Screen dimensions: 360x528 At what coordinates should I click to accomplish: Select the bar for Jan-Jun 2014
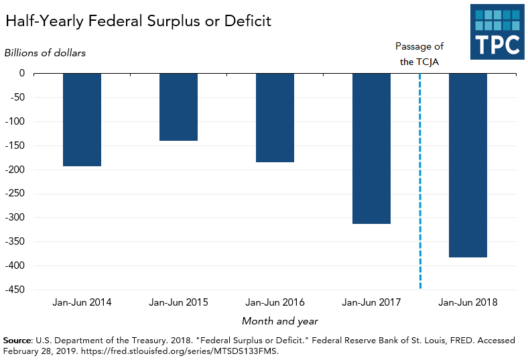82,119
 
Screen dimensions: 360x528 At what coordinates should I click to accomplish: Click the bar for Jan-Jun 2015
178,107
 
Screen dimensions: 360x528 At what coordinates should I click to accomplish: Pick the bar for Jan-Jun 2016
275,117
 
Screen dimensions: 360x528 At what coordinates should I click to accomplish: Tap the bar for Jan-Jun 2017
371,148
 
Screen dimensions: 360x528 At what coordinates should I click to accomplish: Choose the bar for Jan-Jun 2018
468,165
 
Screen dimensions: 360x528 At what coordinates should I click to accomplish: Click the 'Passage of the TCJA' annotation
419,54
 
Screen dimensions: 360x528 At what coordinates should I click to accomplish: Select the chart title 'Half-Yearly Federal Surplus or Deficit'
138,21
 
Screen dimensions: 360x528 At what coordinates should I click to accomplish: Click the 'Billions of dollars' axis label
46,52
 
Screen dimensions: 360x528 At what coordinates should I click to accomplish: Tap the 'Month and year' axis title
279,321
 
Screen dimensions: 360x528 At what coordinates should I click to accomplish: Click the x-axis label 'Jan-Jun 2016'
275,302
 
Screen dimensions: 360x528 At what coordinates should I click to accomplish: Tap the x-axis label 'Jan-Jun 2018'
468,302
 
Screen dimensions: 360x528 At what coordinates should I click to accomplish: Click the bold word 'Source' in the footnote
18,341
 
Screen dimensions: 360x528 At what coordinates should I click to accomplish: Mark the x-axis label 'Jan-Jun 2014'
82,302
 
